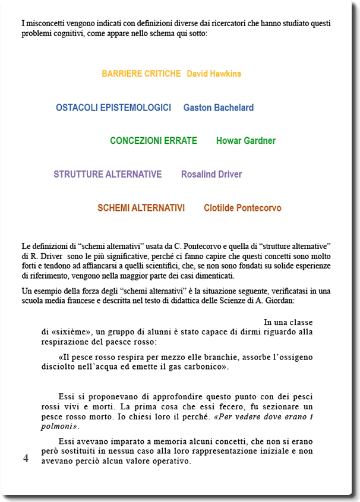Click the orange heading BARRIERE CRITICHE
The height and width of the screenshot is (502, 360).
[x=141, y=74]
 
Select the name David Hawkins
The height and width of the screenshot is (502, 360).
[x=214, y=74]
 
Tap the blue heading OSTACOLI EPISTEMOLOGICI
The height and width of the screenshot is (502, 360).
[x=113, y=108]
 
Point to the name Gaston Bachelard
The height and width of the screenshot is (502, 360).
[x=219, y=108]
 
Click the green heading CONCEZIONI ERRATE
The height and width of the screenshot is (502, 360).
[x=153, y=141]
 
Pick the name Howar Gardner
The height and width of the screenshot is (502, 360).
[x=246, y=141]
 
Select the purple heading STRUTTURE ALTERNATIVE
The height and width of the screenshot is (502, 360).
[x=108, y=174]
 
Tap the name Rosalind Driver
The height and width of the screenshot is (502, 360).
[x=211, y=174]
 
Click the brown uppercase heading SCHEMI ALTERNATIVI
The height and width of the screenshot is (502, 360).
[x=141, y=208]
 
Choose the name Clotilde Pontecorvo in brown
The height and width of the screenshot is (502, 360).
[x=242, y=208]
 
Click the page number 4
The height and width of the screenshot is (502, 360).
[x=26, y=458]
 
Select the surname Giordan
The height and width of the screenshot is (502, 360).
[x=316, y=301]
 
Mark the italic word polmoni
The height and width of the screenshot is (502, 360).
[x=57, y=427]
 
